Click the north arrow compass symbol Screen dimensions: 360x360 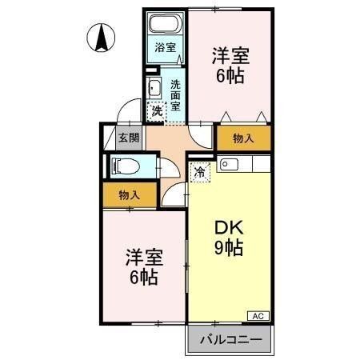coord(102,37)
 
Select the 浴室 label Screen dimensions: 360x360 coord(164,47)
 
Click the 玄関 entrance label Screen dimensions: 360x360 coord(129,137)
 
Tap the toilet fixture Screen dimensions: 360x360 coord(126,166)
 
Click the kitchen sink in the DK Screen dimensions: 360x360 coord(227,165)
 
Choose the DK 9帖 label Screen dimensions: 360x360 coord(228,237)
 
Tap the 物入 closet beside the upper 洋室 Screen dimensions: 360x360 coord(242,138)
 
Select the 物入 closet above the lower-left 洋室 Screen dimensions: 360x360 coord(129,194)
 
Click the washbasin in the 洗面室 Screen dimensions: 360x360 coord(154,87)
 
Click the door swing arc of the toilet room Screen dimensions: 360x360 coord(170,170)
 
